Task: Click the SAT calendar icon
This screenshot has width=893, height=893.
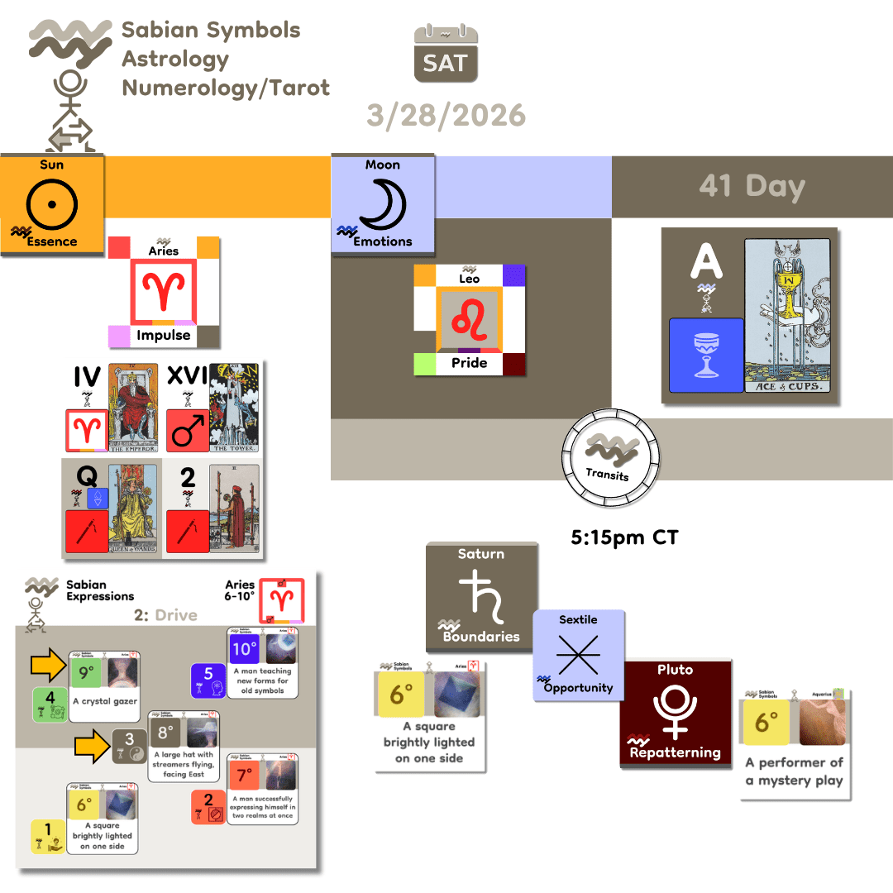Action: click(x=446, y=54)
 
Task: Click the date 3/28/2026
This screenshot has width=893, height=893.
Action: click(x=446, y=115)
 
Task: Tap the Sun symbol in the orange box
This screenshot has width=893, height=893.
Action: click(x=51, y=202)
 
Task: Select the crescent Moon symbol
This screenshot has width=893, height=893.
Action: click(x=382, y=202)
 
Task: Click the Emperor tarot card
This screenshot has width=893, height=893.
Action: click(x=134, y=408)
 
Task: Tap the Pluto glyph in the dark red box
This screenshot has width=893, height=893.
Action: click(x=676, y=710)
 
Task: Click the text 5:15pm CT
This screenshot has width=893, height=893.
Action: click(x=624, y=537)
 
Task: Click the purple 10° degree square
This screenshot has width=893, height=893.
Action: click(x=245, y=649)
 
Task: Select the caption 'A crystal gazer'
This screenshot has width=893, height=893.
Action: click(x=104, y=701)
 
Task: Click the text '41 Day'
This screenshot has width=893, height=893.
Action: click(x=752, y=186)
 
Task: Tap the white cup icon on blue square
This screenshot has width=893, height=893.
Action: click(x=706, y=355)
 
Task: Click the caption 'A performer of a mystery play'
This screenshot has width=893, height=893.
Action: click(x=794, y=771)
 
